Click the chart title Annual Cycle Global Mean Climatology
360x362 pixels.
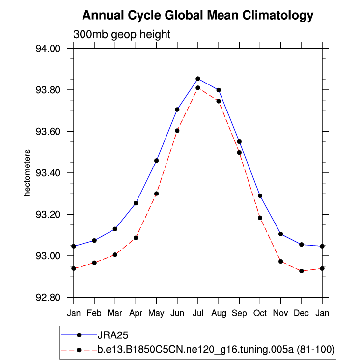[x=197, y=16]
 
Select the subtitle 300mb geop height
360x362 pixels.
[x=122, y=35]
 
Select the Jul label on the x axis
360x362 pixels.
[x=198, y=313]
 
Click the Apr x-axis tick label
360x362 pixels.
[x=136, y=313]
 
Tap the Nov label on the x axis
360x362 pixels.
[x=280, y=313]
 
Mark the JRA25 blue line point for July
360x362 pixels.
[x=198, y=79]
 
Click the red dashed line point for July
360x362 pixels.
[x=198, y=88]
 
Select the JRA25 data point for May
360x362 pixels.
[x=157, y=161]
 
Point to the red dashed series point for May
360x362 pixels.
[x=157, y=194]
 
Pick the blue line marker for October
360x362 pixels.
[x=260, y=195]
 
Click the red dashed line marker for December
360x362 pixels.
[x=301, y=271]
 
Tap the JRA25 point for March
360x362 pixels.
[x=115, y=229]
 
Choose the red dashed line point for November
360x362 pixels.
[x=280, y=262]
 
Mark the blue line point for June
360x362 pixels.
[x=177, y=110]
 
